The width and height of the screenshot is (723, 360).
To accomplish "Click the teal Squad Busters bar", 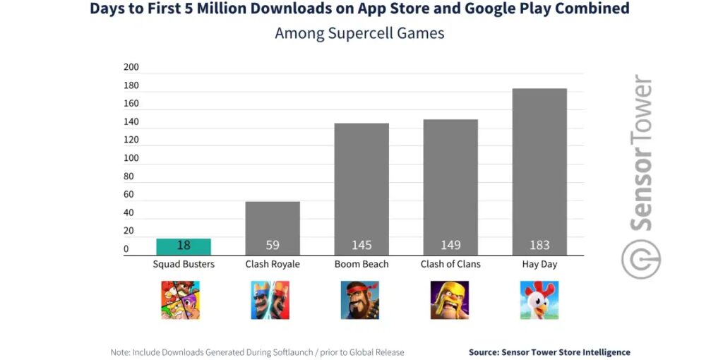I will tap(184, 246).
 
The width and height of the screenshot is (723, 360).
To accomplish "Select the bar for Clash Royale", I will tap(273, 227).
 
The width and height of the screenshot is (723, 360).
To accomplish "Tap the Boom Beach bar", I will tap(361, 188).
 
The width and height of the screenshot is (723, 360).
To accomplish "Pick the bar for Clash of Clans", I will tap(450, 186).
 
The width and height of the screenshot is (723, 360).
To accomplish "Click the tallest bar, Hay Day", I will tap(539, 171).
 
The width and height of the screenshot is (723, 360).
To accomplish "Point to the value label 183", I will tap(539, 245).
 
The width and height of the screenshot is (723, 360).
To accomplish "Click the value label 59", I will tap(273, 245).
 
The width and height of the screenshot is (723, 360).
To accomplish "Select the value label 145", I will tap(361, 245).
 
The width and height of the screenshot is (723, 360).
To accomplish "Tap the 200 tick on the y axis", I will tap(131, 68).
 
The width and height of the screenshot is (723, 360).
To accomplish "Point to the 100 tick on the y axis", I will tap(131, 158).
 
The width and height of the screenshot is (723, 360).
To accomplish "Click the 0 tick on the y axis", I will tap(126, 249).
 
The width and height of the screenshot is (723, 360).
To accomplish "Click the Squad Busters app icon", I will tap(181, 300).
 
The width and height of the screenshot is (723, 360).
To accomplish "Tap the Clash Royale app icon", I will tap(270, 300).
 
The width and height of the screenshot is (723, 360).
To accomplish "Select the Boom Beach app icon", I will tap(360, 300).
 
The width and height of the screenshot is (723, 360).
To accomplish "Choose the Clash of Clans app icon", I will tap(450, 300).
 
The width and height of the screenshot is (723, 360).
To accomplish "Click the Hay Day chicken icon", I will tap(539, 300).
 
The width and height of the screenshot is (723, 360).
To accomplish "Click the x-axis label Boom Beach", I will tap(361, 264).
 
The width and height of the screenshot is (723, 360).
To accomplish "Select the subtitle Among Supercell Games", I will tap(359, 33).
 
